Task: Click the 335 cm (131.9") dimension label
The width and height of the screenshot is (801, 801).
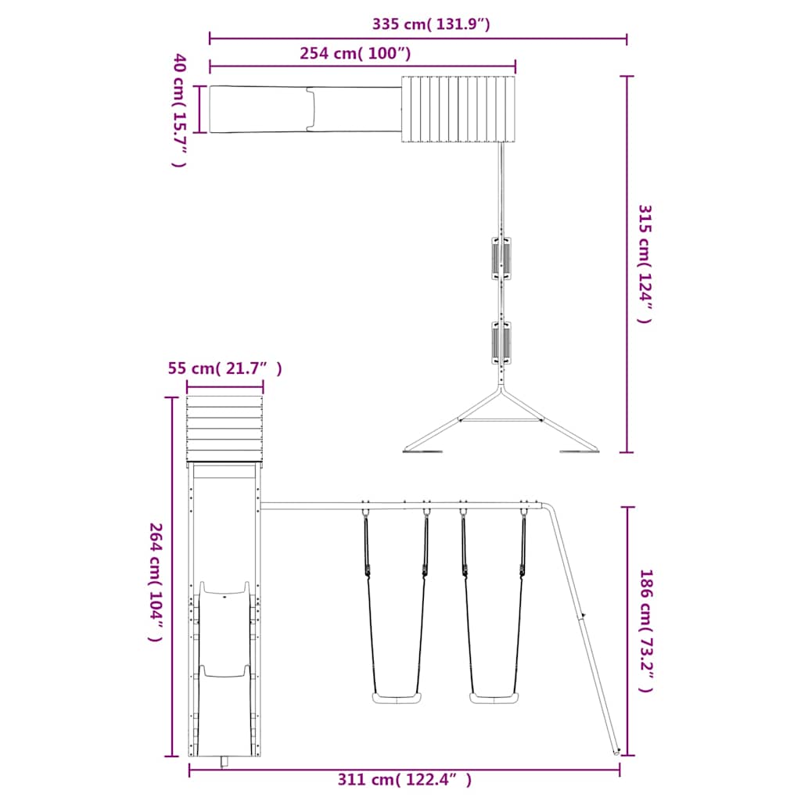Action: (431, 24)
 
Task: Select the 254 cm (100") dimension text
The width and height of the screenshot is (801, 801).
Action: (355, 53)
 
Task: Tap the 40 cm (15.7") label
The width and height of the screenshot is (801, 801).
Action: (179, 110)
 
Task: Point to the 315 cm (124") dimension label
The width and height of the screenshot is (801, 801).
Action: (645, 264)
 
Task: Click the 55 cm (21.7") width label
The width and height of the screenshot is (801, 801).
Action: (224, 368)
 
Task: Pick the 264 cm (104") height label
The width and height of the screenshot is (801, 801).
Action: (156, 581)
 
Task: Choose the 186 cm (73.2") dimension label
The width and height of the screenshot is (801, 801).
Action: (646, 630)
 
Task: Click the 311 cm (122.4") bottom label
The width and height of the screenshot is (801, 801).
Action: (404, 780)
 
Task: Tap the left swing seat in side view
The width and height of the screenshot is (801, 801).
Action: (397, 698)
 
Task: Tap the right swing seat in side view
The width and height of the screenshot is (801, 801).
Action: (494, 698)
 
